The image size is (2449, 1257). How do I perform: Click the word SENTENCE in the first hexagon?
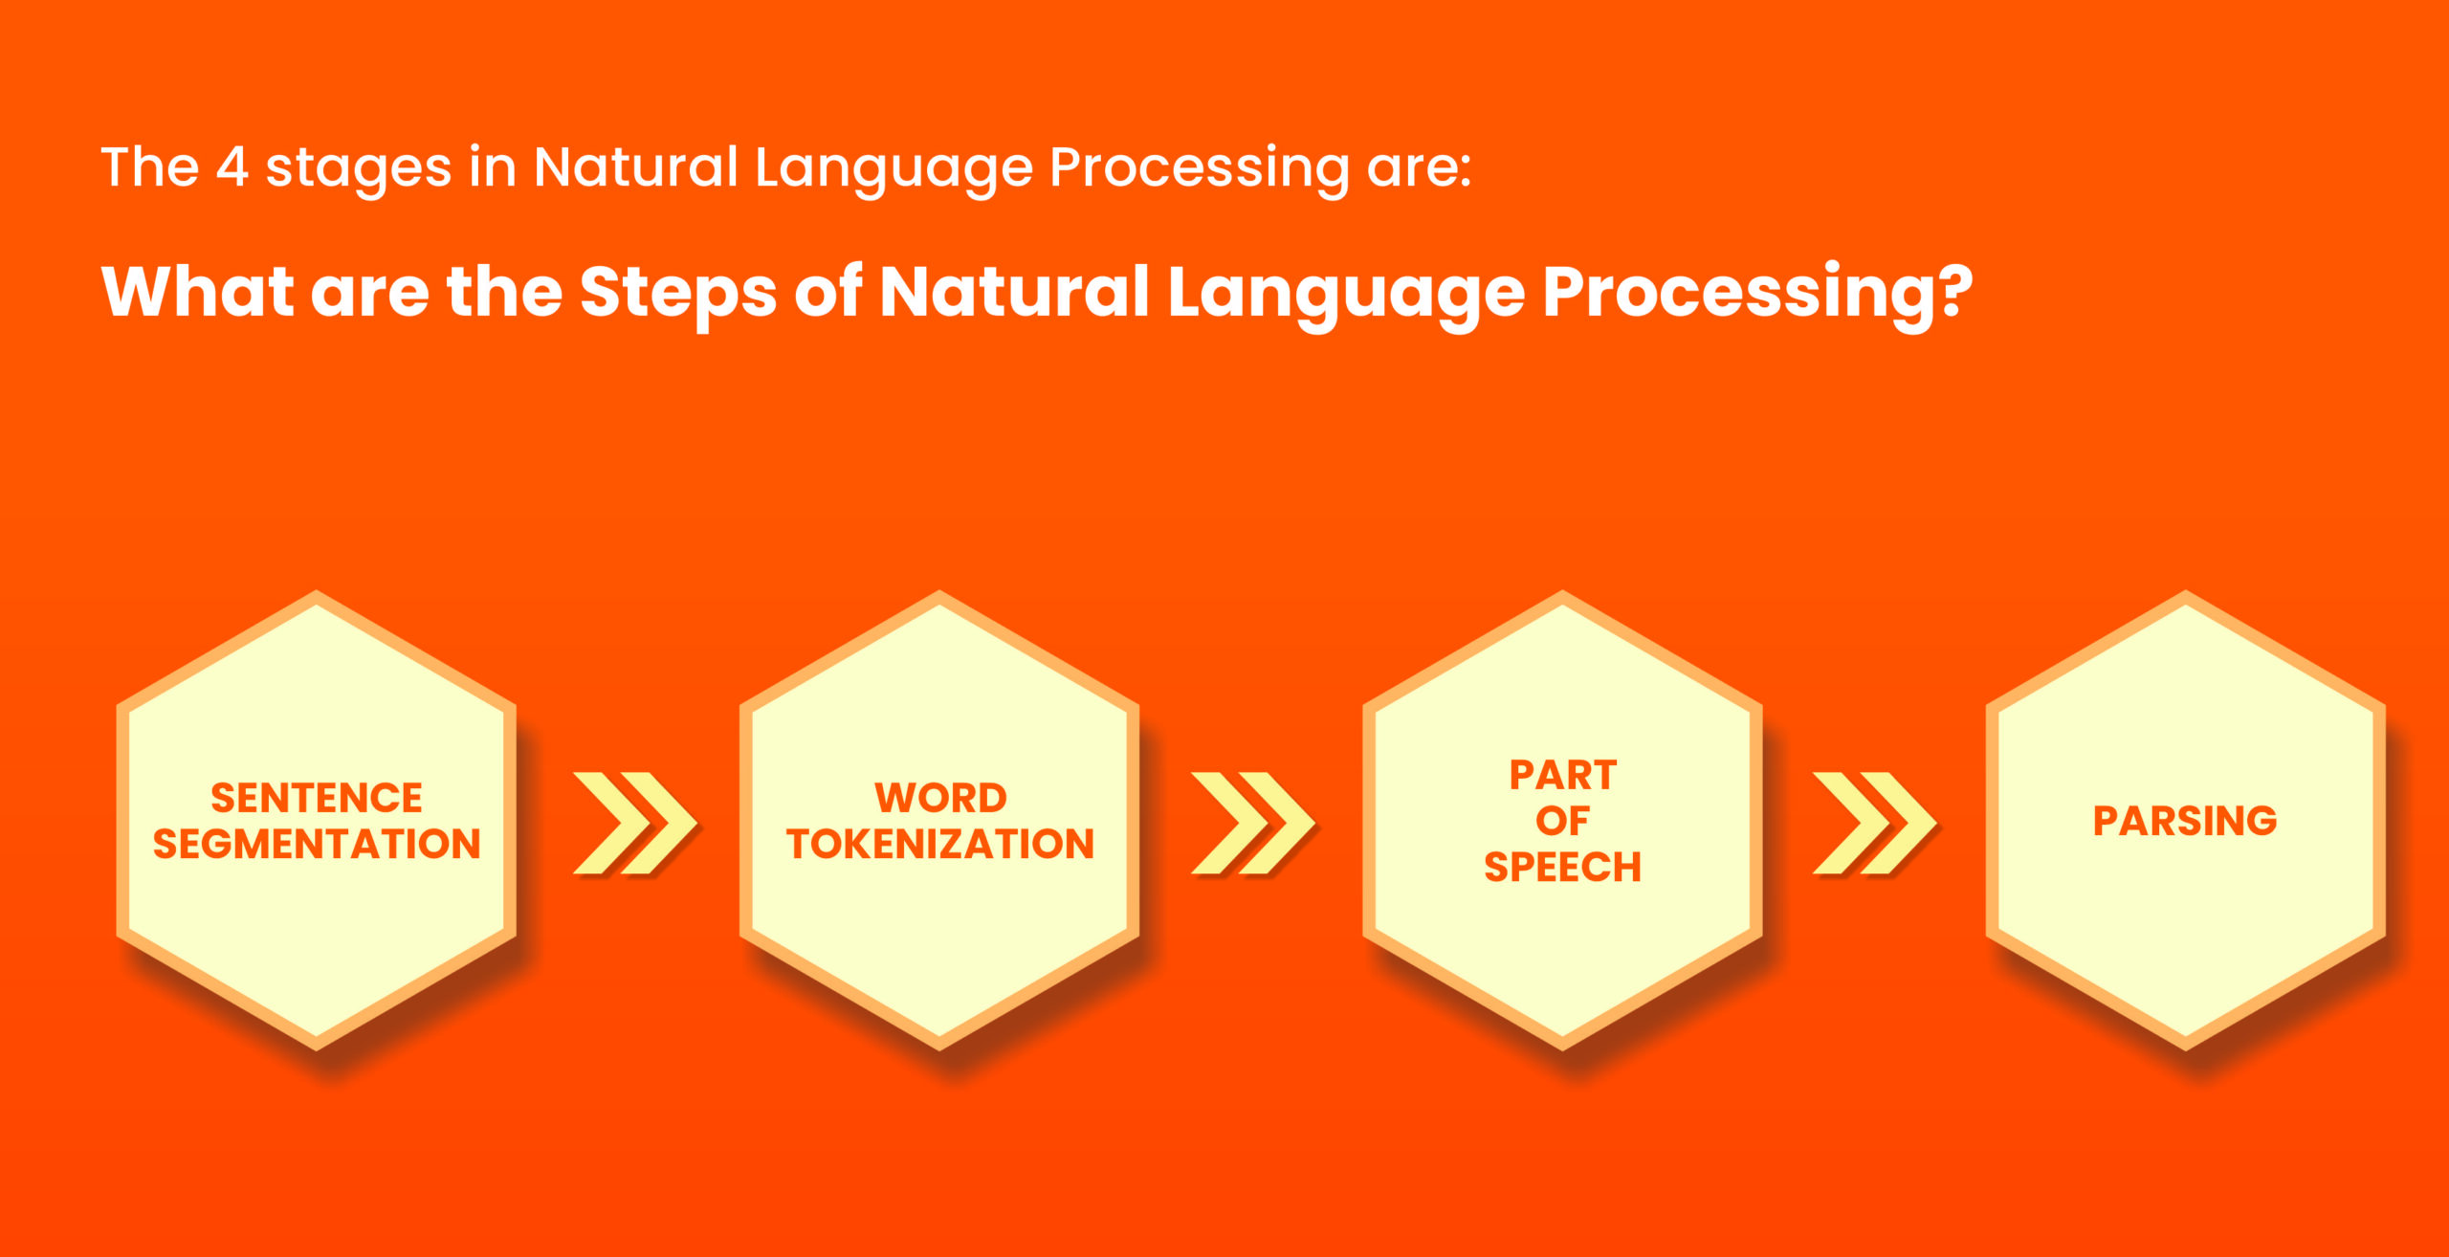click(317, 797)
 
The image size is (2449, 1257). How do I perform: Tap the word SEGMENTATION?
click(317, 844)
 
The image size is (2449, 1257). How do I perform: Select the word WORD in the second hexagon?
click(940, 797)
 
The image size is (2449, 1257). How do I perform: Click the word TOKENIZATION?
click(940, 844)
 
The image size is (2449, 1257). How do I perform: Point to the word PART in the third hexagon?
click(1563, 775)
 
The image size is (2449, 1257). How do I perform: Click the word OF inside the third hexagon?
click(1563, 821)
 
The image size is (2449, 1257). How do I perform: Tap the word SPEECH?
click(1563, 867)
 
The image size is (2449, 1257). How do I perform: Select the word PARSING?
click(2185, 821)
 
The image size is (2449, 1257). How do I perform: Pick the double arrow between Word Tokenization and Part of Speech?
click(1253, 823)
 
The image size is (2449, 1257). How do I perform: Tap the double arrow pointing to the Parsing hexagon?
click(1875, 823)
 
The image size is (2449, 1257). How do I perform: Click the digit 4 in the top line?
click(232, 167)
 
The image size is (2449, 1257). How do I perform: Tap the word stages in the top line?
click(358, 170)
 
